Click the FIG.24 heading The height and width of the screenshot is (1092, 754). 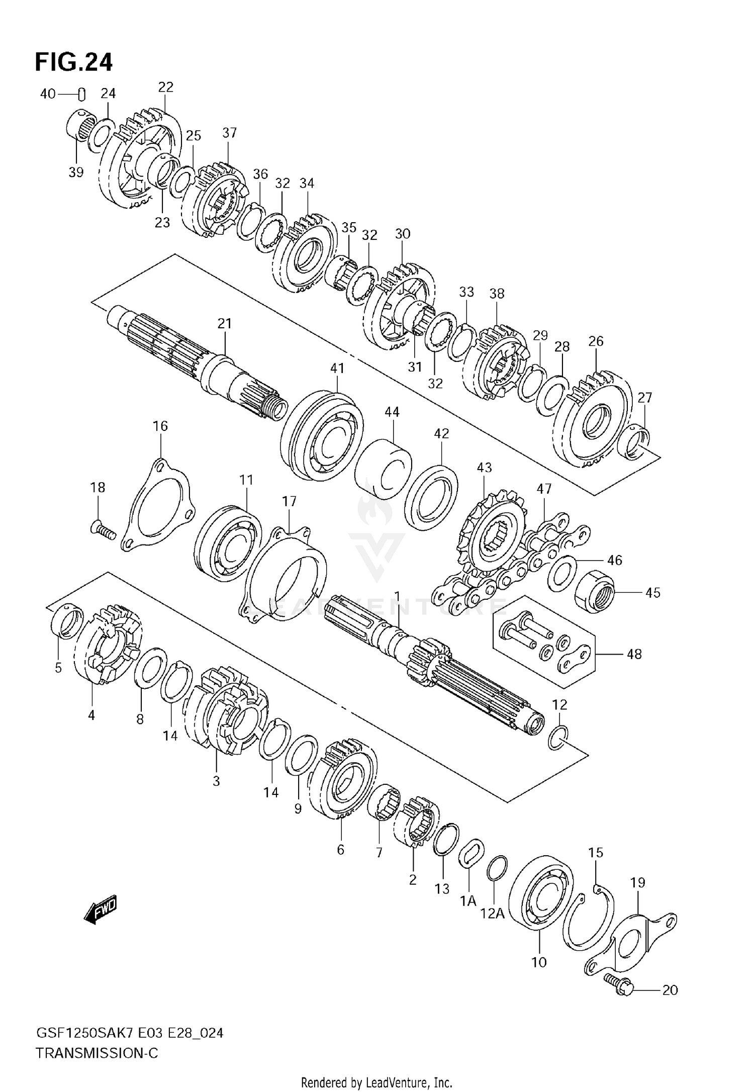point(74,62)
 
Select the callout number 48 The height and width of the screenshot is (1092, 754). point(634,654)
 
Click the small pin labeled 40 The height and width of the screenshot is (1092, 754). point(81,94)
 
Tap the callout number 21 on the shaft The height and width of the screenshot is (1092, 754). point(224,323)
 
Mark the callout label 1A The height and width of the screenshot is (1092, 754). point(467,901)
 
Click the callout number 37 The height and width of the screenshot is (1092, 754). point(229,133)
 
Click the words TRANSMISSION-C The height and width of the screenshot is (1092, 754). point(97,1053)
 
